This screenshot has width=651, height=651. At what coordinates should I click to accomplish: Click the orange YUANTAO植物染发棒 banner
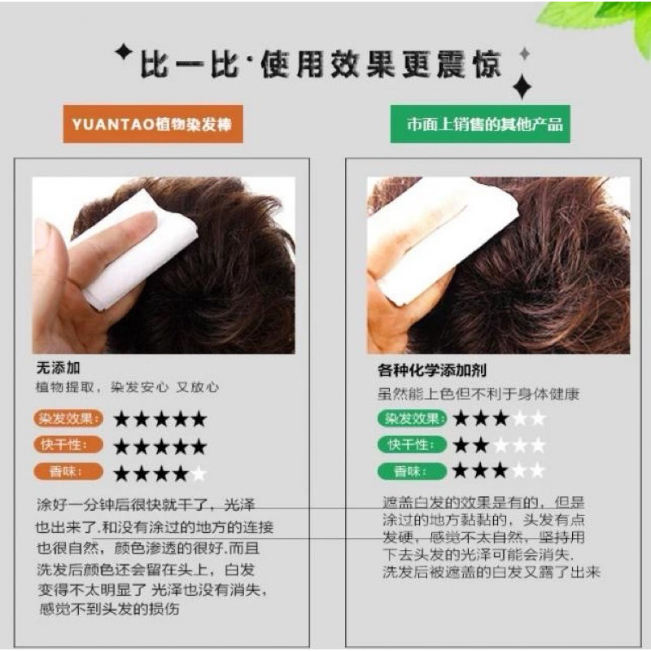pyautogui.click(x=153, y=124)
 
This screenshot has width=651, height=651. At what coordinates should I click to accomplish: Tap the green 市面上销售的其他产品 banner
pyautogui.click(x=480, y=124)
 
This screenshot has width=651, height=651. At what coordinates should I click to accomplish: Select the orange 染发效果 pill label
pyautogui.click(x=68, y=418)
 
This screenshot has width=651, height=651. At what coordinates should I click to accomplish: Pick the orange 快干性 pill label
pyautogui.click(x=68, y=445)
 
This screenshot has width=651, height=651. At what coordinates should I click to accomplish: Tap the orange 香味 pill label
pyautogui.click(x=68, y=472)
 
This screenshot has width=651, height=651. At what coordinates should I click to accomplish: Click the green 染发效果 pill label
pyautogui.click(x=412, y=418)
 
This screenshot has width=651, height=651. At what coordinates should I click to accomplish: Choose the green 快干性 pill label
pyautogui.click(x=412, y=444)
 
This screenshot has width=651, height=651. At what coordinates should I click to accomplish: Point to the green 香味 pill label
pyautogui.click(x=412, y=471)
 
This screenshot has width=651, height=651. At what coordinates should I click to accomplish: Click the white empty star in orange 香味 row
pyautogui.click(x=199, y=474)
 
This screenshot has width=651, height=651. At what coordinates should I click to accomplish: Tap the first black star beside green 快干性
pyautogui.click(x=461, y=445)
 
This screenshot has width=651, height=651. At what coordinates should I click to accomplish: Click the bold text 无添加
pyautogui.click(x=58, y=368)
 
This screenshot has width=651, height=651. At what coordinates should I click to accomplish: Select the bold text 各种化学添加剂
pyautogui.click(x=432, y=369)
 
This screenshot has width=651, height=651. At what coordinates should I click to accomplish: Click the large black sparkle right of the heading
pyautogui.click(x=522, y=86)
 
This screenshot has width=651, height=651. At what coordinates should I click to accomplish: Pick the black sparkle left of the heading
pyautogui.click(x=124, y=53)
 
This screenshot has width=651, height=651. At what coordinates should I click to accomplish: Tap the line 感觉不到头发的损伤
pyautogui.click(x=109, y=609)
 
